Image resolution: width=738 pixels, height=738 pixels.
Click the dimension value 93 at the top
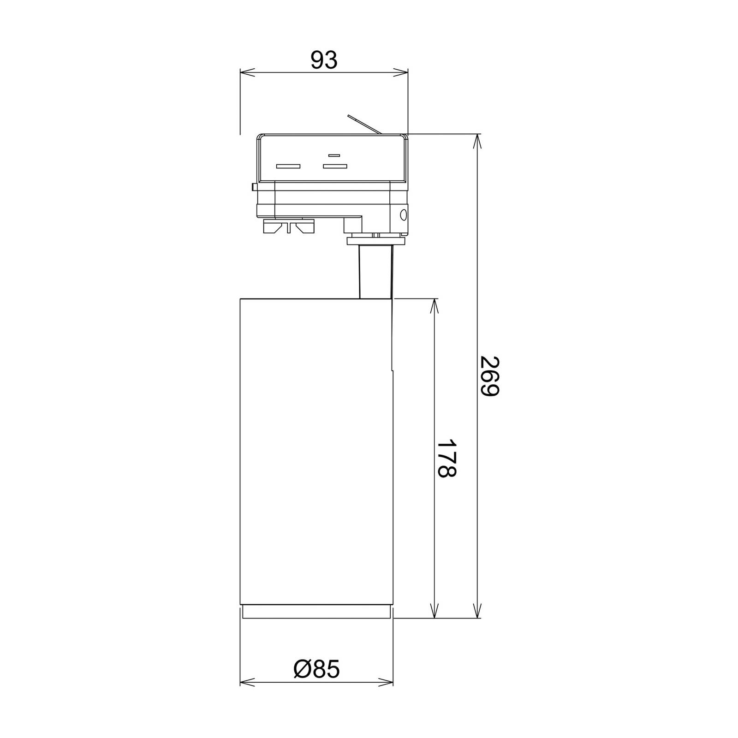click(x=324, y=60)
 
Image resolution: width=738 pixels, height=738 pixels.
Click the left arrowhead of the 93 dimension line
click(x=247, y=71)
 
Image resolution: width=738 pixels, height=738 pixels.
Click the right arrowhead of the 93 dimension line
click(x=401, y=71)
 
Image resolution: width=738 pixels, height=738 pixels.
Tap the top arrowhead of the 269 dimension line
click(x=477, y=141)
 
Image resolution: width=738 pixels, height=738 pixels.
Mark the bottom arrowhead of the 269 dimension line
click(x=477, y=611)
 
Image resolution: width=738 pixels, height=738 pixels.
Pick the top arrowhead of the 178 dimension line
click(x=434, y=305)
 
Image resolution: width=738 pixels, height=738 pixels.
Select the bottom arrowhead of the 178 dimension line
click(x=434, y=611)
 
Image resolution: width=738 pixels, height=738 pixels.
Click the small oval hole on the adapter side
click(x=404, y=214)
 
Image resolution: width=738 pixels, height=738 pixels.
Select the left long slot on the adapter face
click(x=288, y=166)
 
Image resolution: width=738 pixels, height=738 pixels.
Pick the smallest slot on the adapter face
click(x=334, y=155)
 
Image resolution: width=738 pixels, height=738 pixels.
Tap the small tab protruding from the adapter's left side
click(x=254, y=187)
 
